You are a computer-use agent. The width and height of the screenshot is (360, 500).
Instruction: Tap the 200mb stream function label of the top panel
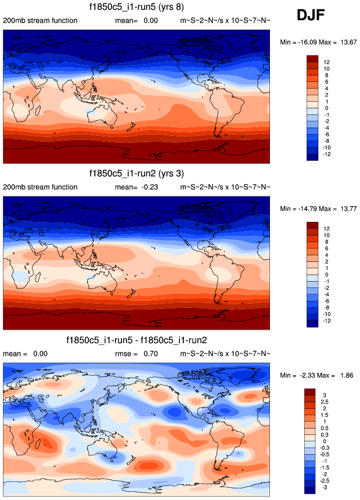40,21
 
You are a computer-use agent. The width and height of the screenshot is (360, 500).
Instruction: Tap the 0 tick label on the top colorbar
326,109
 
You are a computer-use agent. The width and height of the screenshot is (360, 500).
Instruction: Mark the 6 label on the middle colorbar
326,247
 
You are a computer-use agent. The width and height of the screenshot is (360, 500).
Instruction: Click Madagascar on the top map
38,110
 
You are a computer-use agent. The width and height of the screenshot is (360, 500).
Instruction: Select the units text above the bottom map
225,353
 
